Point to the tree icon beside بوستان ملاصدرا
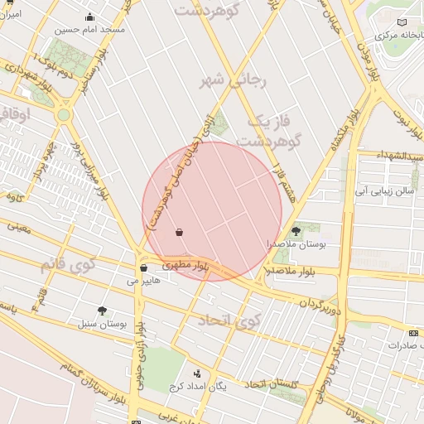click(296, 233)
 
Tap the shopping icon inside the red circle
click(180, 233)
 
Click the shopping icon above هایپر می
click(144, 268)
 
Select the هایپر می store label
click(143, 281)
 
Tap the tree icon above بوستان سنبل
click(102, 311)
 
